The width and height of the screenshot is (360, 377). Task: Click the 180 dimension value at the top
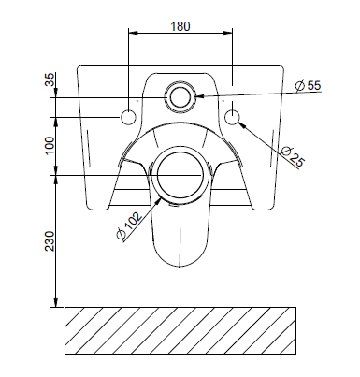(180, 26)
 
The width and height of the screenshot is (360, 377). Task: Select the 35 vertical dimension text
(50, 80)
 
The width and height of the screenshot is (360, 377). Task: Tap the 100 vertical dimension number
(50, 146)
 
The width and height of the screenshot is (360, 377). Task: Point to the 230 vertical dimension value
(50, 241)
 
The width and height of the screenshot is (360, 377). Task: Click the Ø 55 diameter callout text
(308, 85)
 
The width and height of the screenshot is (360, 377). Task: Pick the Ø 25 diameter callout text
(293, 156)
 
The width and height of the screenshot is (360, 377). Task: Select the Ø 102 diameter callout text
(129, 225)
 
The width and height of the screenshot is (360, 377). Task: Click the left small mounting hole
(128, 117)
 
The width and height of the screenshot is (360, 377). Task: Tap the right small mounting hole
(232, 117)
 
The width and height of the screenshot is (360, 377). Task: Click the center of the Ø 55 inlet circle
(180, 96)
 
